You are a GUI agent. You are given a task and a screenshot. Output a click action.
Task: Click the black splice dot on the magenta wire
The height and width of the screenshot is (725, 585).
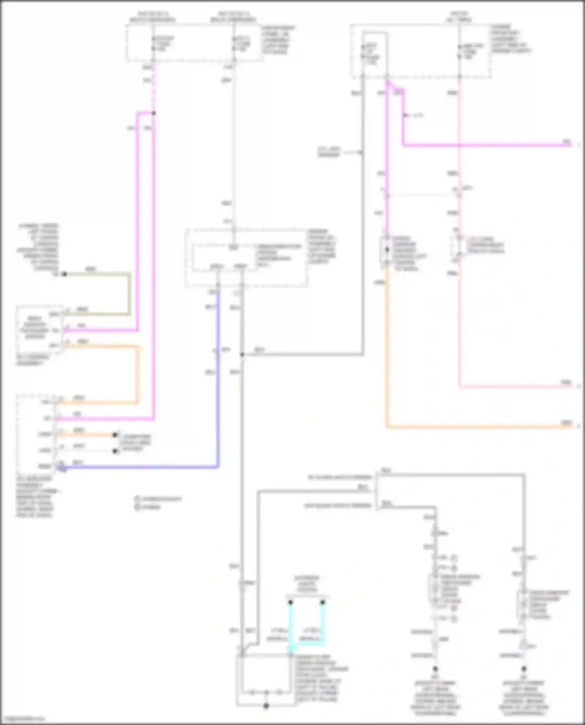click(154, 113)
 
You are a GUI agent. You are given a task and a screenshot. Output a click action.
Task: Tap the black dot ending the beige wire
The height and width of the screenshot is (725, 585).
click(65, 274)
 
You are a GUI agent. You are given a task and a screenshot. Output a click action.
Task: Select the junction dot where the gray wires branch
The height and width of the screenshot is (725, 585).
click(242, 355)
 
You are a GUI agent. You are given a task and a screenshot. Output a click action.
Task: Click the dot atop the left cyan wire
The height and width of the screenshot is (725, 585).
click(290, 602)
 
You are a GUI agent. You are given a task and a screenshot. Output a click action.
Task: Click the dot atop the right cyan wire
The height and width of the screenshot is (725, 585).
click(323, 602)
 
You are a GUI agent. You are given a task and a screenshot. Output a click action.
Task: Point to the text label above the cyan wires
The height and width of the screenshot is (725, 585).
click(307, 584)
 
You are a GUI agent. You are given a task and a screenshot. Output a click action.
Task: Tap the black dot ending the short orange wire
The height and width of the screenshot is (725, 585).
click(115, 435)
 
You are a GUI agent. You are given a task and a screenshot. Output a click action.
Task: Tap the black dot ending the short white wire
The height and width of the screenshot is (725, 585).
click(115, 451)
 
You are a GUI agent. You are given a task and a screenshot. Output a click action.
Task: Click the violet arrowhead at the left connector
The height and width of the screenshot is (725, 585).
click(62, 467)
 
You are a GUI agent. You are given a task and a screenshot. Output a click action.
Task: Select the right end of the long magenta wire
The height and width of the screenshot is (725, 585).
click(570, 145)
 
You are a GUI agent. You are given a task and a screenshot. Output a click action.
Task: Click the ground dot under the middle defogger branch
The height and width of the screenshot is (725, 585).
click(435, 669)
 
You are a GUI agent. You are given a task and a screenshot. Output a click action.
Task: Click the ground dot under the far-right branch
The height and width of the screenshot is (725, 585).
click(524, 669)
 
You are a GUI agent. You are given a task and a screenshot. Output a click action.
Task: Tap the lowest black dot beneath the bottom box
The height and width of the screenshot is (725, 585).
click(266, 706)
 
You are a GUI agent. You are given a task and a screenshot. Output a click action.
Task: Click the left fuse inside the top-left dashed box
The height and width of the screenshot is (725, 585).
click(153, 44)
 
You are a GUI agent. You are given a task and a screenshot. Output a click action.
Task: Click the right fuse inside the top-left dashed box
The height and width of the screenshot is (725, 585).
click(234, 44)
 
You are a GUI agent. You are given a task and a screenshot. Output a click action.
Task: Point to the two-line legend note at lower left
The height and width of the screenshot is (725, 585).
click(158, 503)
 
